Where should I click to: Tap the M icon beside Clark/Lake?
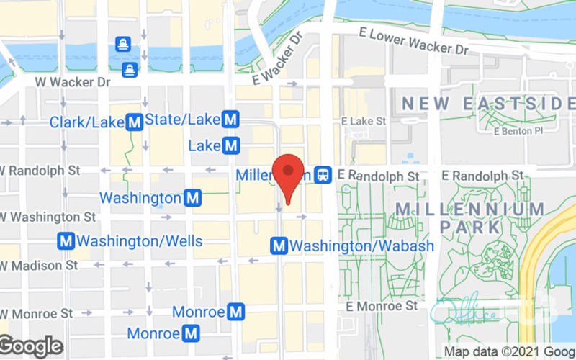tap(134, 122)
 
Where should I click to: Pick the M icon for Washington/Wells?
tap(67, 241)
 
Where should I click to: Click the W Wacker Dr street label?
tap(74, 82)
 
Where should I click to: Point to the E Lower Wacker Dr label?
tap(413, 42)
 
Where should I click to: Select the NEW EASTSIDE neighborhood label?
tap(488, 104)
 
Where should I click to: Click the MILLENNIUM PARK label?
tap(470, 217)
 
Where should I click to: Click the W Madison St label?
tap(40, 265)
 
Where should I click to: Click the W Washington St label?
tap(49, 216)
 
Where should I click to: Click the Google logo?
tap(31, 346)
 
